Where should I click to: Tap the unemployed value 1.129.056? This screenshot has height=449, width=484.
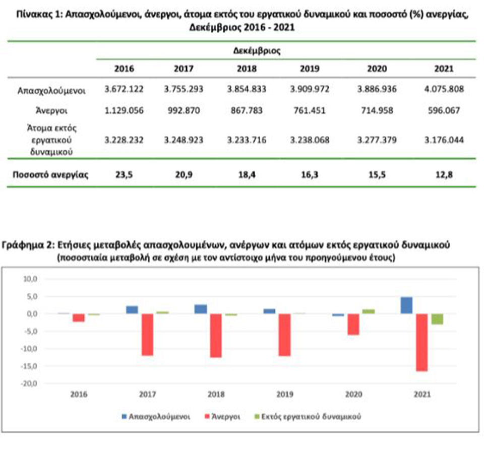(x=124, y=110)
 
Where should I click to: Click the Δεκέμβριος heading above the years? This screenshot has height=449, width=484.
(x=257, y=51)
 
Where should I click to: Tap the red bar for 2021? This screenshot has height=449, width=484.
(x=422, y=342)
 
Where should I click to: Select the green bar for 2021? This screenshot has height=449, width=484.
(x=437, y=318)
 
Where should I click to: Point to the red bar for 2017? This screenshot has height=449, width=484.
(x=148, y=335)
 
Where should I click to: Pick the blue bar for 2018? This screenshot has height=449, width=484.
(x=201, y=309)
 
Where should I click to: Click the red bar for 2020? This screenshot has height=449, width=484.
(x=353, y=324)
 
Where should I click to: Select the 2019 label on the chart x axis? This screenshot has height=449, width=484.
(x=284, y=395)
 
